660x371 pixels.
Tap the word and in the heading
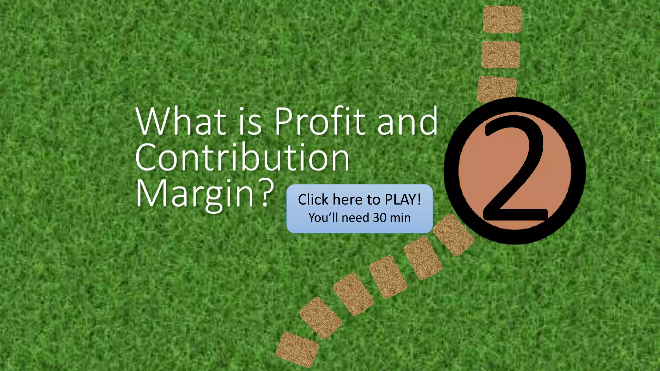point(407,121)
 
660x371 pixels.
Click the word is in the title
point(250,122)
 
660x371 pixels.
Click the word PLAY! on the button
point(403,200)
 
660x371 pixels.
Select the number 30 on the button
point(380,218)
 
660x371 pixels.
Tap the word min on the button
point(400,218)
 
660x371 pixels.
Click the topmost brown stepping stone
point(502,19)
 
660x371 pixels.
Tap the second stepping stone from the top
point(501,55)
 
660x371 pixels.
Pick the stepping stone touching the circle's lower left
point(453,235)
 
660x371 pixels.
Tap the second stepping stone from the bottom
point(320,318)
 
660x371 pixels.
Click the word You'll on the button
point(323,218)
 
